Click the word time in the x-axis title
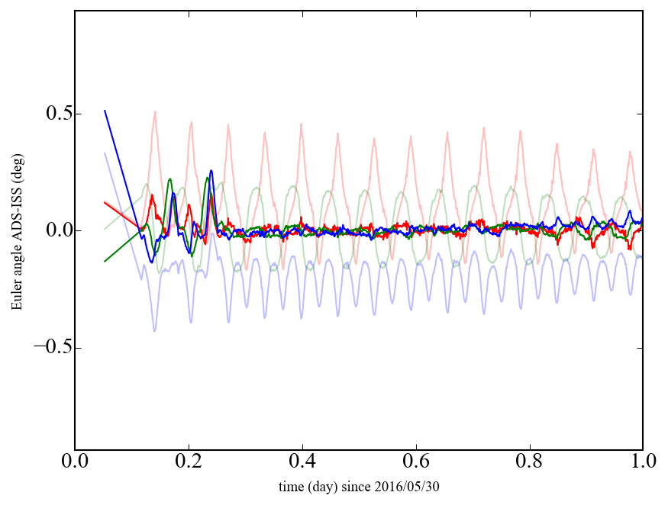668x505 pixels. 290,486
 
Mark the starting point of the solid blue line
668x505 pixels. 105,111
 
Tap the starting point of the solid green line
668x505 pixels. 105,262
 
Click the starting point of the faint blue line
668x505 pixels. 105,153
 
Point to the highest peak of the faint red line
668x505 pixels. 155,111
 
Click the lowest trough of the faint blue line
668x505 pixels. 154,331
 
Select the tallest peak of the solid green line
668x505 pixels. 170,179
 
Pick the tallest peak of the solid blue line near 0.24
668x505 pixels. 211,170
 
